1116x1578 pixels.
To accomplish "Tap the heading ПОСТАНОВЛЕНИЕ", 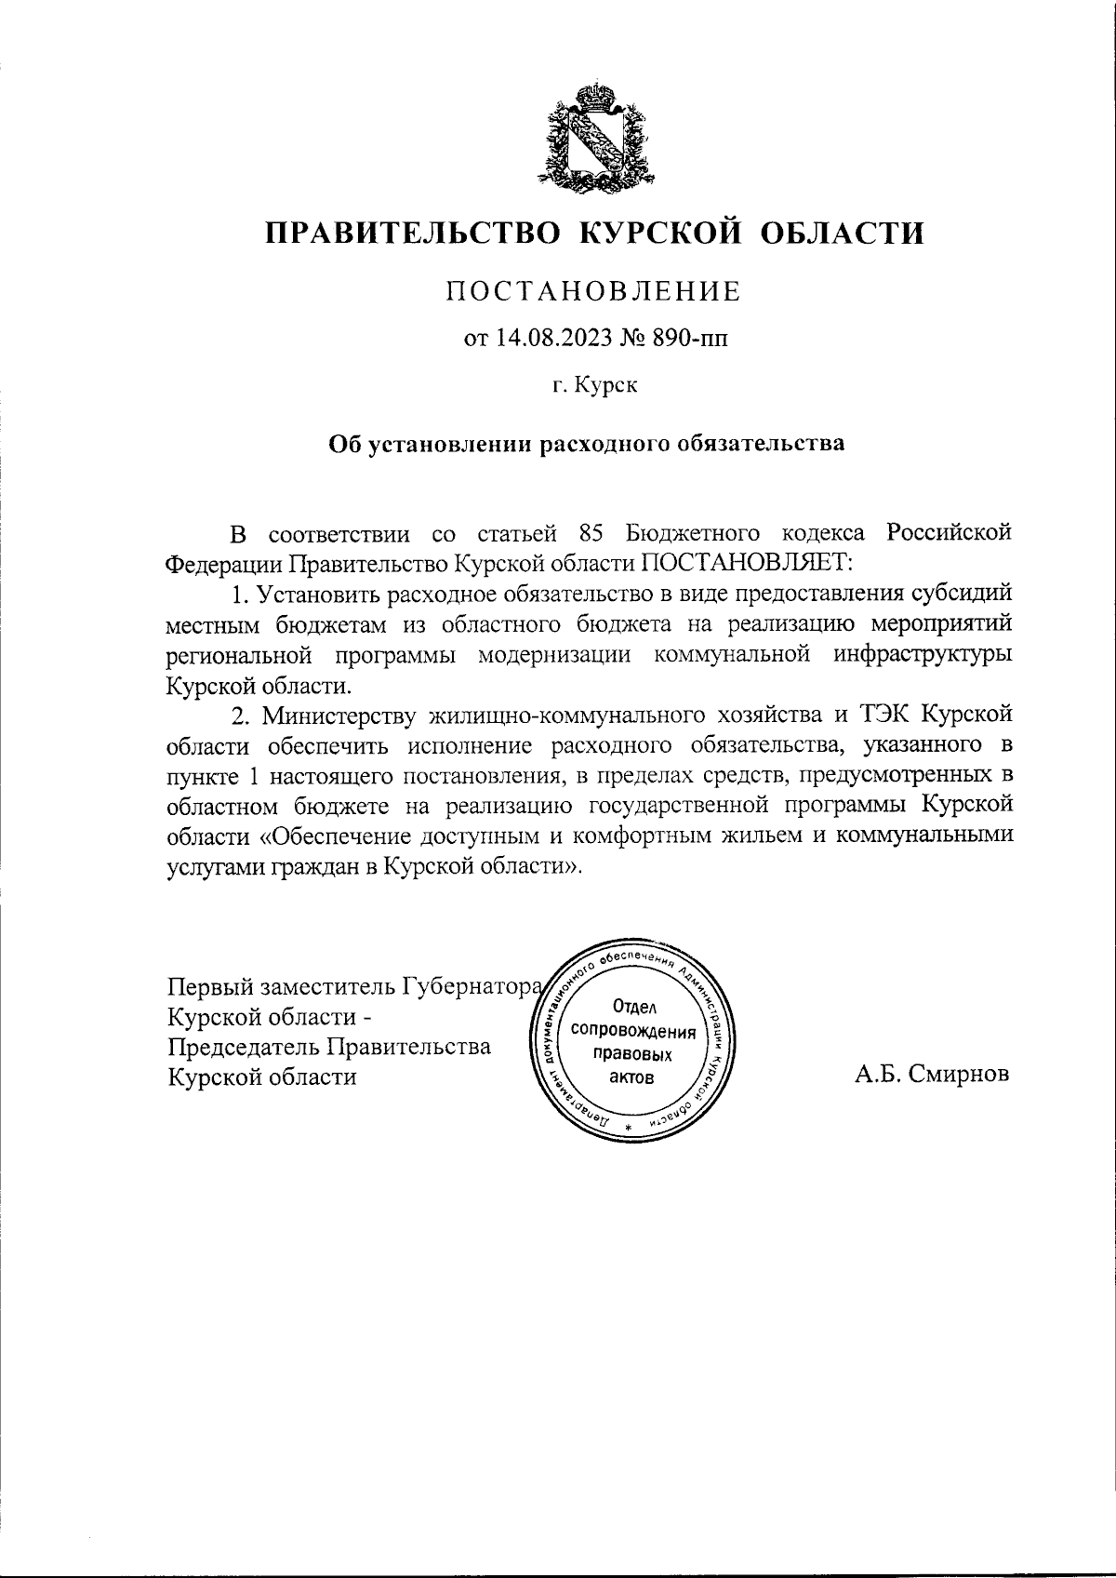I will [x=594, y=291].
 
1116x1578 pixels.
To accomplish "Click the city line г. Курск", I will [x=593, y=384].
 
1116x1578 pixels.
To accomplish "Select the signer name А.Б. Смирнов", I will [x=932, y=1076].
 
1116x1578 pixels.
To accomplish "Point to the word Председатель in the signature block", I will [x=243, y=1047].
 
